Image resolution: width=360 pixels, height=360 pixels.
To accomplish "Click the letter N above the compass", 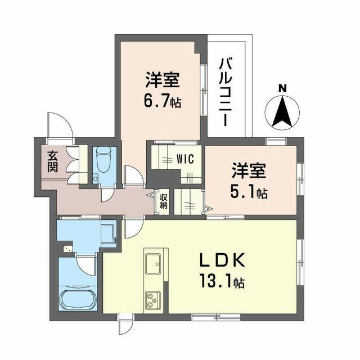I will click(283, 88).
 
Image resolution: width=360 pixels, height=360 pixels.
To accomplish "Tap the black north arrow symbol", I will click(283, 111).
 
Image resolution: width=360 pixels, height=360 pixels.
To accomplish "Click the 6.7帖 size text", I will click(163, 103).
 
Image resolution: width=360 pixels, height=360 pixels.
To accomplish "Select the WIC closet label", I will click(185, 159).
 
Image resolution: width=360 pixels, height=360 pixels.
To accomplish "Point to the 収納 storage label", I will click(163, 201).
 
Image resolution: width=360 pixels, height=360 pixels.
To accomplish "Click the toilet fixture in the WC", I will click(104, 162).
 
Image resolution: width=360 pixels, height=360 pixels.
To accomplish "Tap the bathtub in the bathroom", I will click(79, 298).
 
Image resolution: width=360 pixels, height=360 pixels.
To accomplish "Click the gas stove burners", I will click(153, 300).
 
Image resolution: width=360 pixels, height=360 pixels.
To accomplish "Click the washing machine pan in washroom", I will click(107, 232).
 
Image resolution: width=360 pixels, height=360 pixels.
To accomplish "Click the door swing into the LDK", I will click(133, 228).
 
